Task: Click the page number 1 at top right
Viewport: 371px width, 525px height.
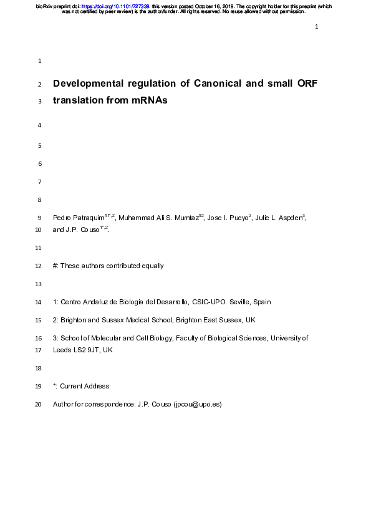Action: tap(317, 27)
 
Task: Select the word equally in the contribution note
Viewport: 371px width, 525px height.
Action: tap(150, 266)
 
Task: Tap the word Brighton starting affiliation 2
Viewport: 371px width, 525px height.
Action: tap(76, 320)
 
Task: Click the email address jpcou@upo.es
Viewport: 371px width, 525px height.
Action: tap(196, 405)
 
